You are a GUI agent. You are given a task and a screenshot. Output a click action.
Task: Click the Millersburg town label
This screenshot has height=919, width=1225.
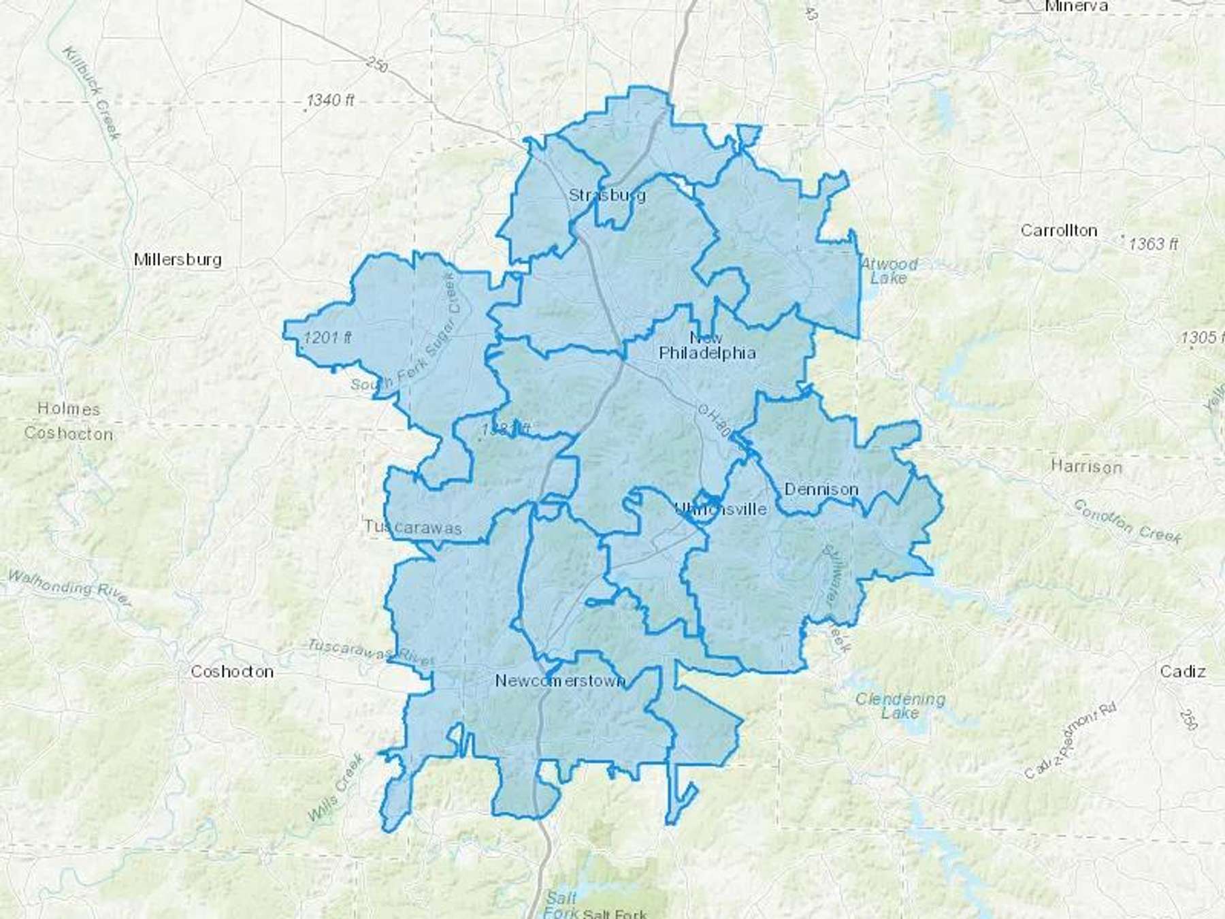click(178, 259)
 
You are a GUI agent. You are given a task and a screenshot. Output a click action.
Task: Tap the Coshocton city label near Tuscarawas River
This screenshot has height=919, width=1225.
click(231, 671)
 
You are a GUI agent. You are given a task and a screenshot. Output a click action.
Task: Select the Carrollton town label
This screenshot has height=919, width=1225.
click(1059, 231)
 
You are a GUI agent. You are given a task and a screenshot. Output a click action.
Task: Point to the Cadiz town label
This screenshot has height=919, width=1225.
click(1183, 672)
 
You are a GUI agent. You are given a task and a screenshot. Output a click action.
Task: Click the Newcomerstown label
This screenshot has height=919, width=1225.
click(560, 681)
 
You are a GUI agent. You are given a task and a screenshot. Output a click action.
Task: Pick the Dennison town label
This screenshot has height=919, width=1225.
click(821, 489)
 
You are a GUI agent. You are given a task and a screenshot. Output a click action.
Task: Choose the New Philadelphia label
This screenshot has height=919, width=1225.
click(707, 346)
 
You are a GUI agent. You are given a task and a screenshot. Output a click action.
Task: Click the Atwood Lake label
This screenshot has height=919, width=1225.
click(889, 271)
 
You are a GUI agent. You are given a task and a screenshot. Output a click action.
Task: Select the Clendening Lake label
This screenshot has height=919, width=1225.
click(900, 706)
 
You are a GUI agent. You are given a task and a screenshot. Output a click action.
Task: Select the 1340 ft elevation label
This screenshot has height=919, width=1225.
click(331, 101)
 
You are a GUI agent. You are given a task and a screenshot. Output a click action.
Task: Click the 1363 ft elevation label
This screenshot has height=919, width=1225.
click(1154, 244)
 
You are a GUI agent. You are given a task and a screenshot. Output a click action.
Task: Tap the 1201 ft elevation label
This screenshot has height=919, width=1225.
click(327, 337)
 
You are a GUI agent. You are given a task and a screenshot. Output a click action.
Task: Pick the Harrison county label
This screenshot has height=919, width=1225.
click(1086, 467)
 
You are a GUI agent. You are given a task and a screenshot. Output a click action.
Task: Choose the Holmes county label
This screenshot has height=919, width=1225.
click(69, 409)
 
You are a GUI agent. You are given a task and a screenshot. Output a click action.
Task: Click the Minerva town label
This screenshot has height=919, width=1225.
click(1077, 7)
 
